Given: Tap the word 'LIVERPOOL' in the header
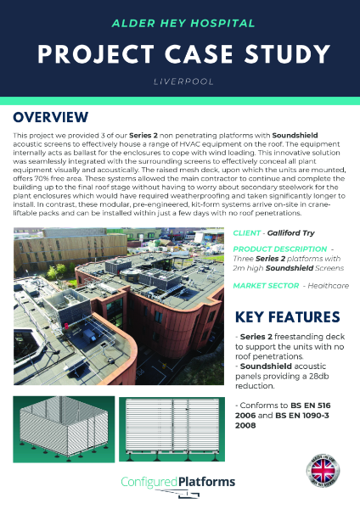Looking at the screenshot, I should pos(179,83).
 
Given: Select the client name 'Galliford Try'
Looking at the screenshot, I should pos(294,232).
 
